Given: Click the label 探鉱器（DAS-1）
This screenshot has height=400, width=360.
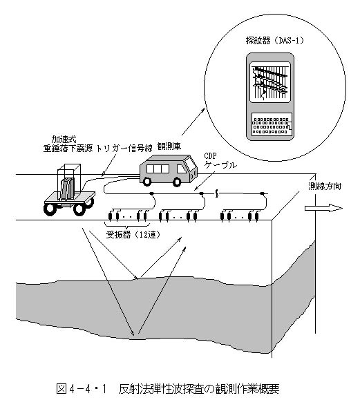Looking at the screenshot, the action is click(275, 41).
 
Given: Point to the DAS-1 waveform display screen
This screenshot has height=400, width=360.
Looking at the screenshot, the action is click(270, 82).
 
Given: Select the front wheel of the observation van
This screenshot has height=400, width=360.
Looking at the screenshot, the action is click(177, 182).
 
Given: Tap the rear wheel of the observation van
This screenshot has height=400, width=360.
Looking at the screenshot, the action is click(147, 181).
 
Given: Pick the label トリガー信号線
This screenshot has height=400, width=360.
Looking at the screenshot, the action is click(124, 149).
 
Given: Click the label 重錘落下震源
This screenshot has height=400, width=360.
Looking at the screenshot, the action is click(68, 149).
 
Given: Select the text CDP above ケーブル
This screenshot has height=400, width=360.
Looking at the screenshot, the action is click(210, 156).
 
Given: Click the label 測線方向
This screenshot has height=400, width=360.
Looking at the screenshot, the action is click(325, 187).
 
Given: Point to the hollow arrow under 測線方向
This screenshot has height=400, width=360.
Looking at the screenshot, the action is click(323, 208).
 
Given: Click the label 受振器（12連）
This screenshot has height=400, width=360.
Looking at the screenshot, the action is click(133, 235).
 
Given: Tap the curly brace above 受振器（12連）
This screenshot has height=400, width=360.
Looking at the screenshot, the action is click(127, 225).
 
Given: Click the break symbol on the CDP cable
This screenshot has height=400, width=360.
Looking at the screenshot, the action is click(217, 193).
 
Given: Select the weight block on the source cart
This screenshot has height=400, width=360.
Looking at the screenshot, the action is click(67, 189).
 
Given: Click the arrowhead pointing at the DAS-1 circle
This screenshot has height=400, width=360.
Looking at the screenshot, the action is click(202, 110).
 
